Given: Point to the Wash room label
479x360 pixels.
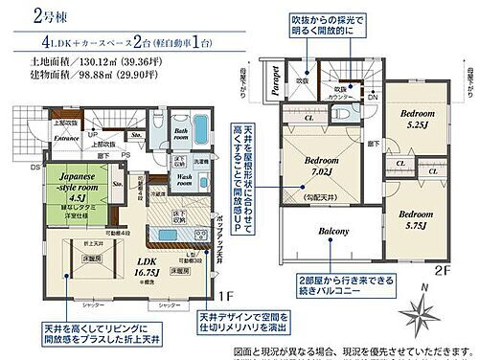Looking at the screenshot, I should pyautogui.click(x=185, y=178).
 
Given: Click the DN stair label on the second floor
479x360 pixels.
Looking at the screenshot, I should pyautogui.click(x=372, y=98).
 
